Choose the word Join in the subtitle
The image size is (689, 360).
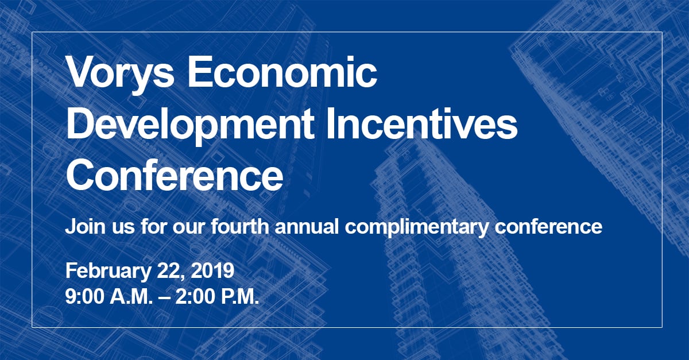point(82,226)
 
